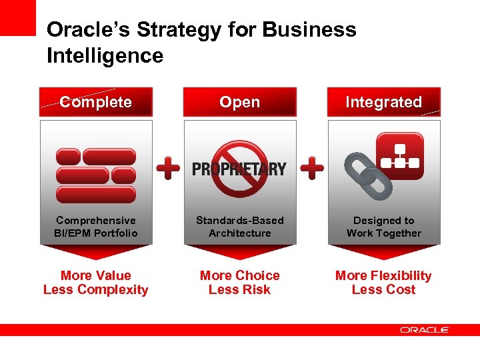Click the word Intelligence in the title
coord(105,55)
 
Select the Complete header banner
coord(96,102)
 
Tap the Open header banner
coord(239,102)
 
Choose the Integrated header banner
coord(383,102)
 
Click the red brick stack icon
coord(96,175)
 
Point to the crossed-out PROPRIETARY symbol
coord(239,169)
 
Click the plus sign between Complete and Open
coord(168,169)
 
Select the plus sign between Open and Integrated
coord(312,169)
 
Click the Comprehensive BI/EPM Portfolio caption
coord(96,227)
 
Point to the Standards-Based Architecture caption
coord(239,227)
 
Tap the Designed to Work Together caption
coord(383,227)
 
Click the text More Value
coord(96,275)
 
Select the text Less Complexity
coord(96,289)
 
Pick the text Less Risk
coord(239,289)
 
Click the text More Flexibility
coord(383,275)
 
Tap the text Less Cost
coord(383,289)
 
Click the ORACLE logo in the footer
coord(425,329)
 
